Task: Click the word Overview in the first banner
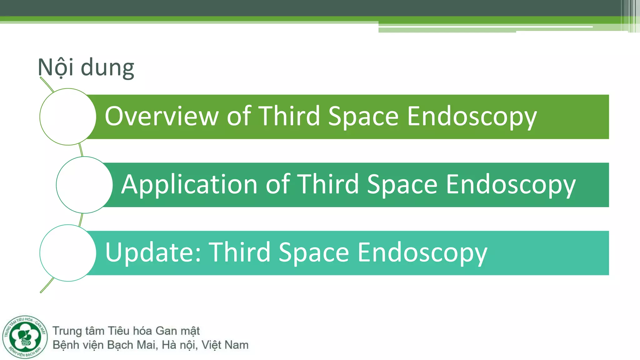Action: coord(161,116)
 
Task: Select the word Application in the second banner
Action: coord(189,184)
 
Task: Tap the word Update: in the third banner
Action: coord(153,252)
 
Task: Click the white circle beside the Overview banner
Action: coord(68,117)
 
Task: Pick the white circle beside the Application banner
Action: coord(84,185)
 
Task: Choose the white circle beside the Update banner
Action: coord(68,253)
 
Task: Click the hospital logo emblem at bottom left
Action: coord(25,337)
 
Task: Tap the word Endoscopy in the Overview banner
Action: coord(472,116)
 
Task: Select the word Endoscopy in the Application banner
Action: coord(510,184)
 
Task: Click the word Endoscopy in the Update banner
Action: coord(422,252)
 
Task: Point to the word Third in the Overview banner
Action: coord(289,116)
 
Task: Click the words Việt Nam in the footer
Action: coord(225,345)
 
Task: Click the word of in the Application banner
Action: coord(278,184)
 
